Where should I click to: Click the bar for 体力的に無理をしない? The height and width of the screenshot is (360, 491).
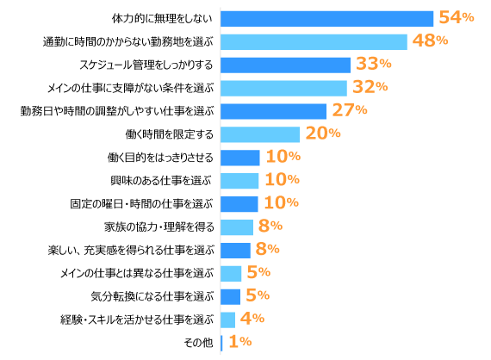pyautogui.click(x=326, y=18)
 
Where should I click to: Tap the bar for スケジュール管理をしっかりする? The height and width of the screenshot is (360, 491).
pyautogui.click(x=285, y=65)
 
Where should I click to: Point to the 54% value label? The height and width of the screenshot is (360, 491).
pyautogui.click(x=456, y=17)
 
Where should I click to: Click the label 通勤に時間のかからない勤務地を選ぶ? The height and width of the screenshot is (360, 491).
pyautogui.click(x=127, y=41)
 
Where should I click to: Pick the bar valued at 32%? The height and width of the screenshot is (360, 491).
pyautogui.click(x=283, y=87)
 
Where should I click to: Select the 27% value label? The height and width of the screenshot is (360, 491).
pyautogui.click(x=349, y=110)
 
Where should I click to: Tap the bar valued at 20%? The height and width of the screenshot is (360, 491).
pyautogui.click(x=260, y=133)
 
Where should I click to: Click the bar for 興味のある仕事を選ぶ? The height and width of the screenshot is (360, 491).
pyautogui.click(x=239, y=180)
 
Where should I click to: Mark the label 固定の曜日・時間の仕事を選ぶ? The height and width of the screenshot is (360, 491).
pyautogui.click(x=141, y=204)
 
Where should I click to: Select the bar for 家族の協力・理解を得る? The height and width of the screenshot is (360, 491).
pyautogui.click(x=237, y=227)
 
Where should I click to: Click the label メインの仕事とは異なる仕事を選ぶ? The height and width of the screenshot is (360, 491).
pyautogui.click(x=136, y=274)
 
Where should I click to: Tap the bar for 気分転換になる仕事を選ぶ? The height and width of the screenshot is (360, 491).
pyautogui.click(x=231, y=296)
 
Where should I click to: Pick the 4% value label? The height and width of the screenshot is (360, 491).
pyautogui.click(x=252, y=320)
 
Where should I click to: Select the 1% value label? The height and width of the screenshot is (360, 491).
pyautogui.click(x=239, y=343)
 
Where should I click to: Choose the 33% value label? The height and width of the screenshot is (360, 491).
pyautogui.click(x=373, y=64)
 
